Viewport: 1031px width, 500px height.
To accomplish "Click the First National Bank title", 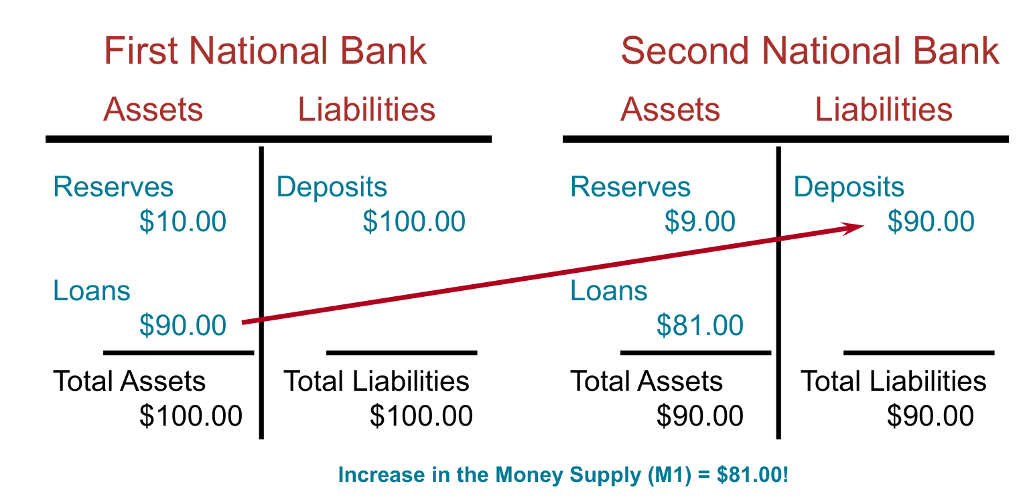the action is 265,51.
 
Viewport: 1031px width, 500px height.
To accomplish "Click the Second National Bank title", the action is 810,51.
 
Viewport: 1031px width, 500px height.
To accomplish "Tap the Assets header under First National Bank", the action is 153,109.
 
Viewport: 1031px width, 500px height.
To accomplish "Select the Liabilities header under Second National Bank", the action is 884,109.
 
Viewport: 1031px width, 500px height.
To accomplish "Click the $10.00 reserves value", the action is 183,221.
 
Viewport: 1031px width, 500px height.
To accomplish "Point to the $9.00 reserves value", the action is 699,221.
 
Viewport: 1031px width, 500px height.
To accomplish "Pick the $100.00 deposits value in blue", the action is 414,221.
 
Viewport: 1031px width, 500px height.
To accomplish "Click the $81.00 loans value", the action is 699,326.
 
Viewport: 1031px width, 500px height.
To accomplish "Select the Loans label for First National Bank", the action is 92,291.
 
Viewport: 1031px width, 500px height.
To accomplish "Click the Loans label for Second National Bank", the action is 609,291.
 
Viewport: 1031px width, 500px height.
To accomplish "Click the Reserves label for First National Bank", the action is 113,187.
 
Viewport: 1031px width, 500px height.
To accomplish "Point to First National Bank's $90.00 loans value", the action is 183,326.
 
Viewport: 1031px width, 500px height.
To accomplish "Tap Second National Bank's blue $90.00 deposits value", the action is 931,221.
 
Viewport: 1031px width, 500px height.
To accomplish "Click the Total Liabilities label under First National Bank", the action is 376,381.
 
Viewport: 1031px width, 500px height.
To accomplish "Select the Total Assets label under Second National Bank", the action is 646,381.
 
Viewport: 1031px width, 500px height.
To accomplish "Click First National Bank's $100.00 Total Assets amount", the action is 190,416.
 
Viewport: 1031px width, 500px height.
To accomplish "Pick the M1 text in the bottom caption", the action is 670,475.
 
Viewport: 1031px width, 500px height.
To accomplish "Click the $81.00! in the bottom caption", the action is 752,475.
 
